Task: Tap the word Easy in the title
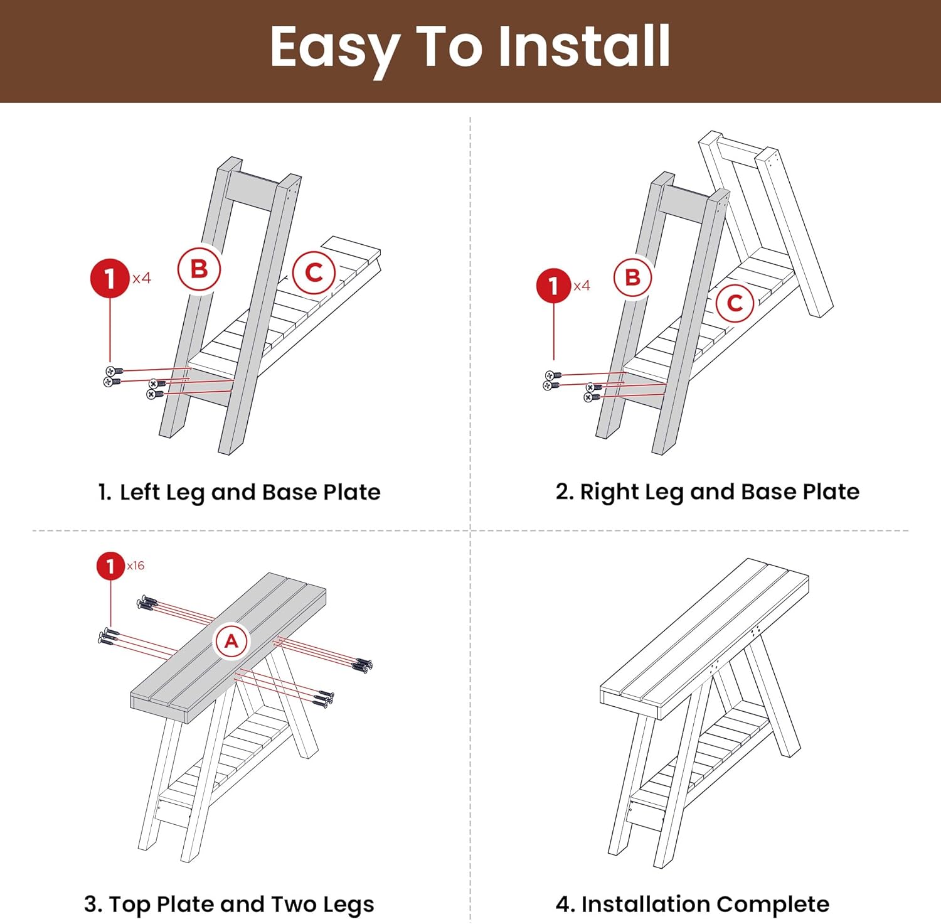point(336,50)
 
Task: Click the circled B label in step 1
point(199,269)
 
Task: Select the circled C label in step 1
point(314,272)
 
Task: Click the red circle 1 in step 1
point(110,278)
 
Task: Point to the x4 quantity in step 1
point(142,277)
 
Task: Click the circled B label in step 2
point(632,277)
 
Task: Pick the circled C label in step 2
point(735,303)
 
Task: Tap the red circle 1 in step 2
point(553,286)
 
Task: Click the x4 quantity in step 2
point(582,286)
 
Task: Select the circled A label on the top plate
point(231,641)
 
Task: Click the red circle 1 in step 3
point(110,566)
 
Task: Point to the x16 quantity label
point(136,566)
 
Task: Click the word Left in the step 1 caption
point(140,492)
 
